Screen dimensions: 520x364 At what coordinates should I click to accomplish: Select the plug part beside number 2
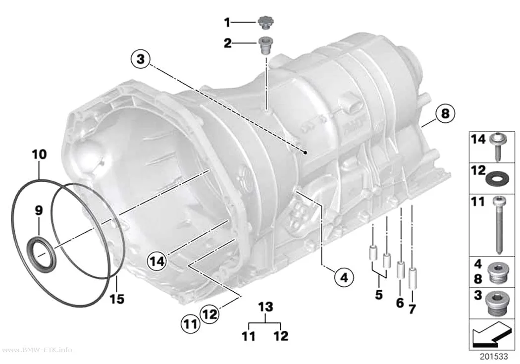(265, 45)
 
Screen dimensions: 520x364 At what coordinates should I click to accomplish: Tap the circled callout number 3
(141, 59)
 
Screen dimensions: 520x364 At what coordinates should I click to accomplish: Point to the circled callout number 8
(445, 113)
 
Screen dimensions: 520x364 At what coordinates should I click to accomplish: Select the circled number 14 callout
(157, 261)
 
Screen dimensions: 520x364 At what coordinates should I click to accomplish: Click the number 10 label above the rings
(40, 155)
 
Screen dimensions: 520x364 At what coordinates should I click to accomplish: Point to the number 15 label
(117, 299)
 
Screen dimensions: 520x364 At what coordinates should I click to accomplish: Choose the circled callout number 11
(191, 323)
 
